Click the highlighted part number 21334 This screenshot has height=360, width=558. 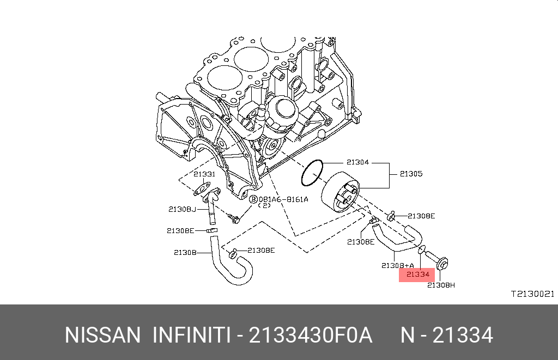(418, 274)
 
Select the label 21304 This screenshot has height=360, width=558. (357, 162)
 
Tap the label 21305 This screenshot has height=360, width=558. (411, 174)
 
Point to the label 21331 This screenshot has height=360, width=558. (204, 174)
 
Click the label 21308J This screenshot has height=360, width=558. (182, 209)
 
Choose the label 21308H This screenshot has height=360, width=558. (441, 285)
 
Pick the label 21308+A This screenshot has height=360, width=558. (397, 265)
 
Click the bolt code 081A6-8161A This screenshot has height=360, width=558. (283, 199)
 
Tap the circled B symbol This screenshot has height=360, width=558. (253, 199)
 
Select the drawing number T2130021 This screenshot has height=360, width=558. (533, 294)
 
